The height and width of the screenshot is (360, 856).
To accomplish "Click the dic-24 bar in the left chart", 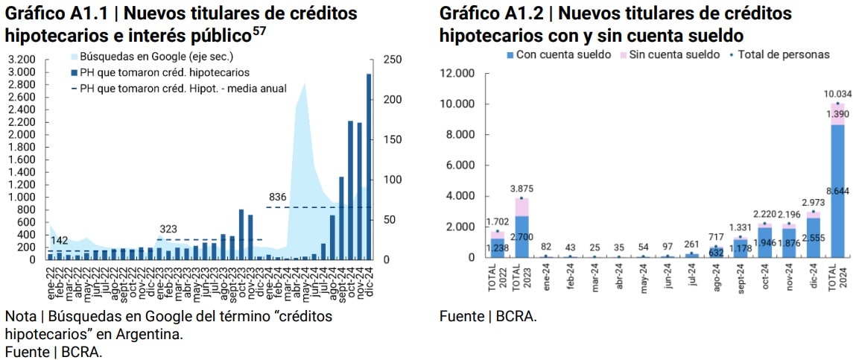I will coord(369,167).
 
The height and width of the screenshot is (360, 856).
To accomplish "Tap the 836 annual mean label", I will coord(277,197).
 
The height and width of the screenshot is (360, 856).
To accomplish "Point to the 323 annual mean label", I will coord(169,229).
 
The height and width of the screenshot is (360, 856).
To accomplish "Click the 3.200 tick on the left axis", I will coord(22,60).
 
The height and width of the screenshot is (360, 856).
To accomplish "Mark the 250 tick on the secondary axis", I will coord(393,60).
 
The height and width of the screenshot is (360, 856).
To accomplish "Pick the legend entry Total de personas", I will coord(783,54).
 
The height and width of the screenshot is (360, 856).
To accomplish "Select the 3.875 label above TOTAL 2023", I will coord(521,189).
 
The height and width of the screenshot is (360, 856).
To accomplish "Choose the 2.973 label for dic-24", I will coord(814,203).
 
